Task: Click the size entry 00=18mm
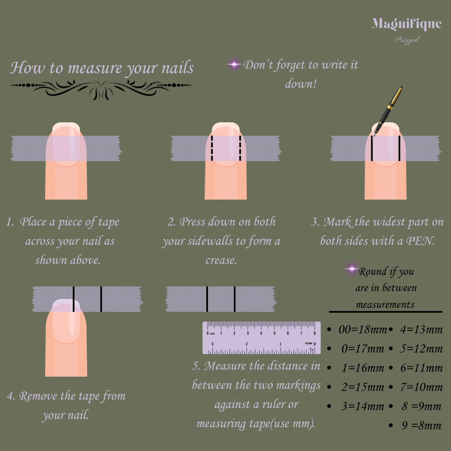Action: [x=363, y=329]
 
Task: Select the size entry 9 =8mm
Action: [x=421, y=425]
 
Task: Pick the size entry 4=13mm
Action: [x=421, y=329]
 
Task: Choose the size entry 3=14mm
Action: [x=363, y=406]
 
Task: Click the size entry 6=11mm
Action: [x=422, y=367]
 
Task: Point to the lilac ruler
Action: [x=261, y=338]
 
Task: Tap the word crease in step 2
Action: [x=221, y=260]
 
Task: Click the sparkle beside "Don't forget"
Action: [x=234, y=64]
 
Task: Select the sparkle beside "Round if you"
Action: [x=352, y=269]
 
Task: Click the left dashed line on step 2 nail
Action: [x=212, y=148]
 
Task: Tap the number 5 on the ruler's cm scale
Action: [x=274, y=333]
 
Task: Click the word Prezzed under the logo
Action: [x=407, y=40]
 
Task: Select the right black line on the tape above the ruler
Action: [x=235, y=299]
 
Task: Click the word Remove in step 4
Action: [x=38, y=396]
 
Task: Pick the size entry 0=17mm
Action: [x=363, y=349]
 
